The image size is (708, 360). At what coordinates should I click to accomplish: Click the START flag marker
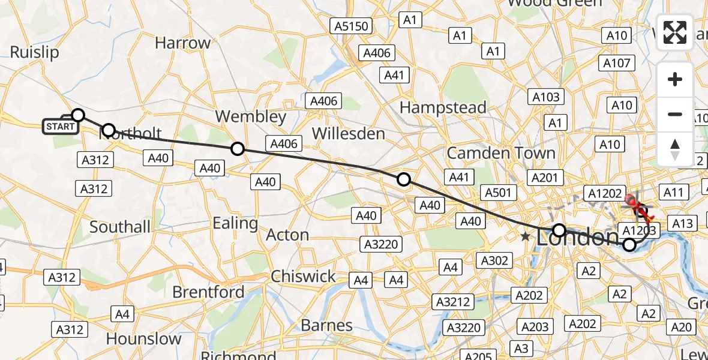coord(61,126)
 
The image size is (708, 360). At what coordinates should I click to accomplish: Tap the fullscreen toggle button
coord(675,32)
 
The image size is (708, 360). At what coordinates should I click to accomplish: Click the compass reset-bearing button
coord(675,149)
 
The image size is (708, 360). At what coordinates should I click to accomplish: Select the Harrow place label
coord(182,43)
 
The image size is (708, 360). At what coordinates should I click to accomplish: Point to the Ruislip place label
coord(34,53)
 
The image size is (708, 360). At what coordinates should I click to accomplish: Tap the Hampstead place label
coord(443,108)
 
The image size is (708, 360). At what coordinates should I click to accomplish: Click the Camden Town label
coord(501,153)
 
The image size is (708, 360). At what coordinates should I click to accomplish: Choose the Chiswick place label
coord(303,277)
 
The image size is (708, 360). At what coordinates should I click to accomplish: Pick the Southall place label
coord(120,227)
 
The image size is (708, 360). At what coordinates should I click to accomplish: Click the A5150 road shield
coord(352,26)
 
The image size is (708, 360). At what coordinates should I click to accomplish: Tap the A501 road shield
coord(497,193)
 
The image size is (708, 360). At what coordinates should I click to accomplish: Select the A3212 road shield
coord(453,301)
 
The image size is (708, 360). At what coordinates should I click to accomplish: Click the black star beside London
coord(526,237)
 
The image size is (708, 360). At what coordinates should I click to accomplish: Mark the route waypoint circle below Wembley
coord(238,149)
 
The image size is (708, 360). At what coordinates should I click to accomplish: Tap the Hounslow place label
coord(143,339)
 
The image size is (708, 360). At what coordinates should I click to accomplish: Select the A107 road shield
coord(616,63)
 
